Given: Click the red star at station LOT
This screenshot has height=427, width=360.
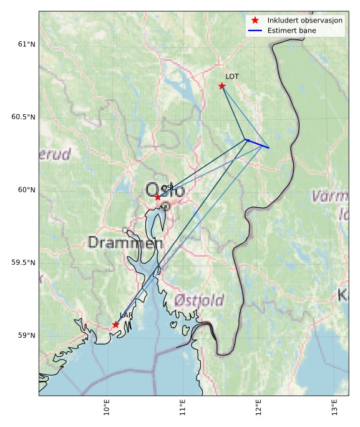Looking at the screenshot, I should tap(222, 86).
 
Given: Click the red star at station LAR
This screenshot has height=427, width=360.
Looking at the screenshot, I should tap(115, 325).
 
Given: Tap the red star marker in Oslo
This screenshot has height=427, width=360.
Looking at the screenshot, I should tap(158, 197).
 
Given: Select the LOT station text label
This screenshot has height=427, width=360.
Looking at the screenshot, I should tap(232, 77).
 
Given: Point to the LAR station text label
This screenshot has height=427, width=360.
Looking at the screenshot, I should tap(126, 316).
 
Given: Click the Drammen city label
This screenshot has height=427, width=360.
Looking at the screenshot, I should tap(125, 242).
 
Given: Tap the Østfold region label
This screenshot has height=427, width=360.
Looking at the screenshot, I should tap(199, 300).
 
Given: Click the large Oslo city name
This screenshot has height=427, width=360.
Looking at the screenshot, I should tap(165, 190).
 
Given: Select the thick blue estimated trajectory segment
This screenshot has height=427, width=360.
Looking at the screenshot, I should tap(258, 144).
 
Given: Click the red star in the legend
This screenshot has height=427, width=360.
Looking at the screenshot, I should tap(255, 21).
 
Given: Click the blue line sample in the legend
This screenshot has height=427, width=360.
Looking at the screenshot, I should tap(255, 31).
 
